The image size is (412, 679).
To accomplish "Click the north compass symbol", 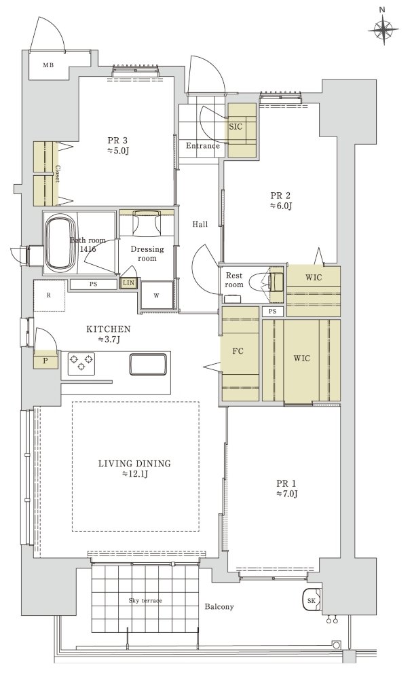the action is tap(383, 29).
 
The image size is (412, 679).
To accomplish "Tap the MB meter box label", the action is tap(48, 65).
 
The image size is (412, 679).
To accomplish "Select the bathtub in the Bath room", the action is tap(60, 242).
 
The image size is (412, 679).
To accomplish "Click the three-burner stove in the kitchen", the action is tap(81, 362).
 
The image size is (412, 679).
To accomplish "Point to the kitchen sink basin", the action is tap(148, 364).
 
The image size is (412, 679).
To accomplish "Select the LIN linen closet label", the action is tap(128, 283).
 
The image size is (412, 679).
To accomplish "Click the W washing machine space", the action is tap(157, 296).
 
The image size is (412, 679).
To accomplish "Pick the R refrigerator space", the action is tap(50, 295).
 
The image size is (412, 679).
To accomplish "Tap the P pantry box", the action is tap(45, 361).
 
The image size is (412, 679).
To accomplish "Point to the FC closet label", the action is tap(238, 351).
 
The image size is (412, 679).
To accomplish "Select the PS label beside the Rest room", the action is tap(272, 312).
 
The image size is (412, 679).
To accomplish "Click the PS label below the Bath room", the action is tap(93, 285).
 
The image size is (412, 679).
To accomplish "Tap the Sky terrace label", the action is tap(145, 601).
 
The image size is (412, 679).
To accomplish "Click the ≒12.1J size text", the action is tap(134, 474).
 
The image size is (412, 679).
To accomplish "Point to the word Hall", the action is tap(200, 224).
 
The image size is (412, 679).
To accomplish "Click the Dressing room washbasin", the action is tap(147, 223).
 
